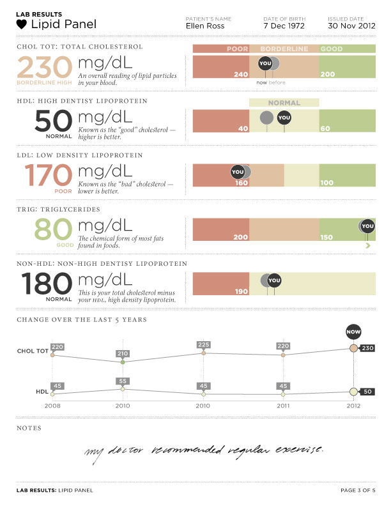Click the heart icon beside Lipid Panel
(22, 25)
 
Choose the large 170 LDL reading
(48, 174)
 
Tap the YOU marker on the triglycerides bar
(367, 226)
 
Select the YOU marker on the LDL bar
(238, 172)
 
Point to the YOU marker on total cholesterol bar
(265, 63)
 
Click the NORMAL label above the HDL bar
(284, 103)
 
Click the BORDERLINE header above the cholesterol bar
(284, 49)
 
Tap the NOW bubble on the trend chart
(353, 332)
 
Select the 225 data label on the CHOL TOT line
(204, 345)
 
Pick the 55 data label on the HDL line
(123, 381)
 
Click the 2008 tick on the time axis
(52, 406)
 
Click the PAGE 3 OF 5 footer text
(358, 491)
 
